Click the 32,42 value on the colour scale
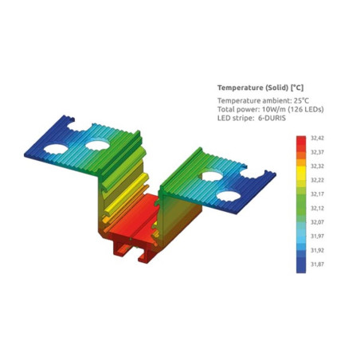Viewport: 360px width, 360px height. point(317,138)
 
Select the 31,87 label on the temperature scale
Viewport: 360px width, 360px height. point(317,264)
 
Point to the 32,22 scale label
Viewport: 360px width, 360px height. point(317,180)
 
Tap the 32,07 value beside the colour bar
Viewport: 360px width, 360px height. point(317,222)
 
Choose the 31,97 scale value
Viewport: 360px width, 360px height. point(317,236)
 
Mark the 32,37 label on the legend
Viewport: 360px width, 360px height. point(317,152)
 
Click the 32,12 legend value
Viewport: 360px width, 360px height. point(317,208)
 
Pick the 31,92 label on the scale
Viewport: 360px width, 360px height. point(317,250)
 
